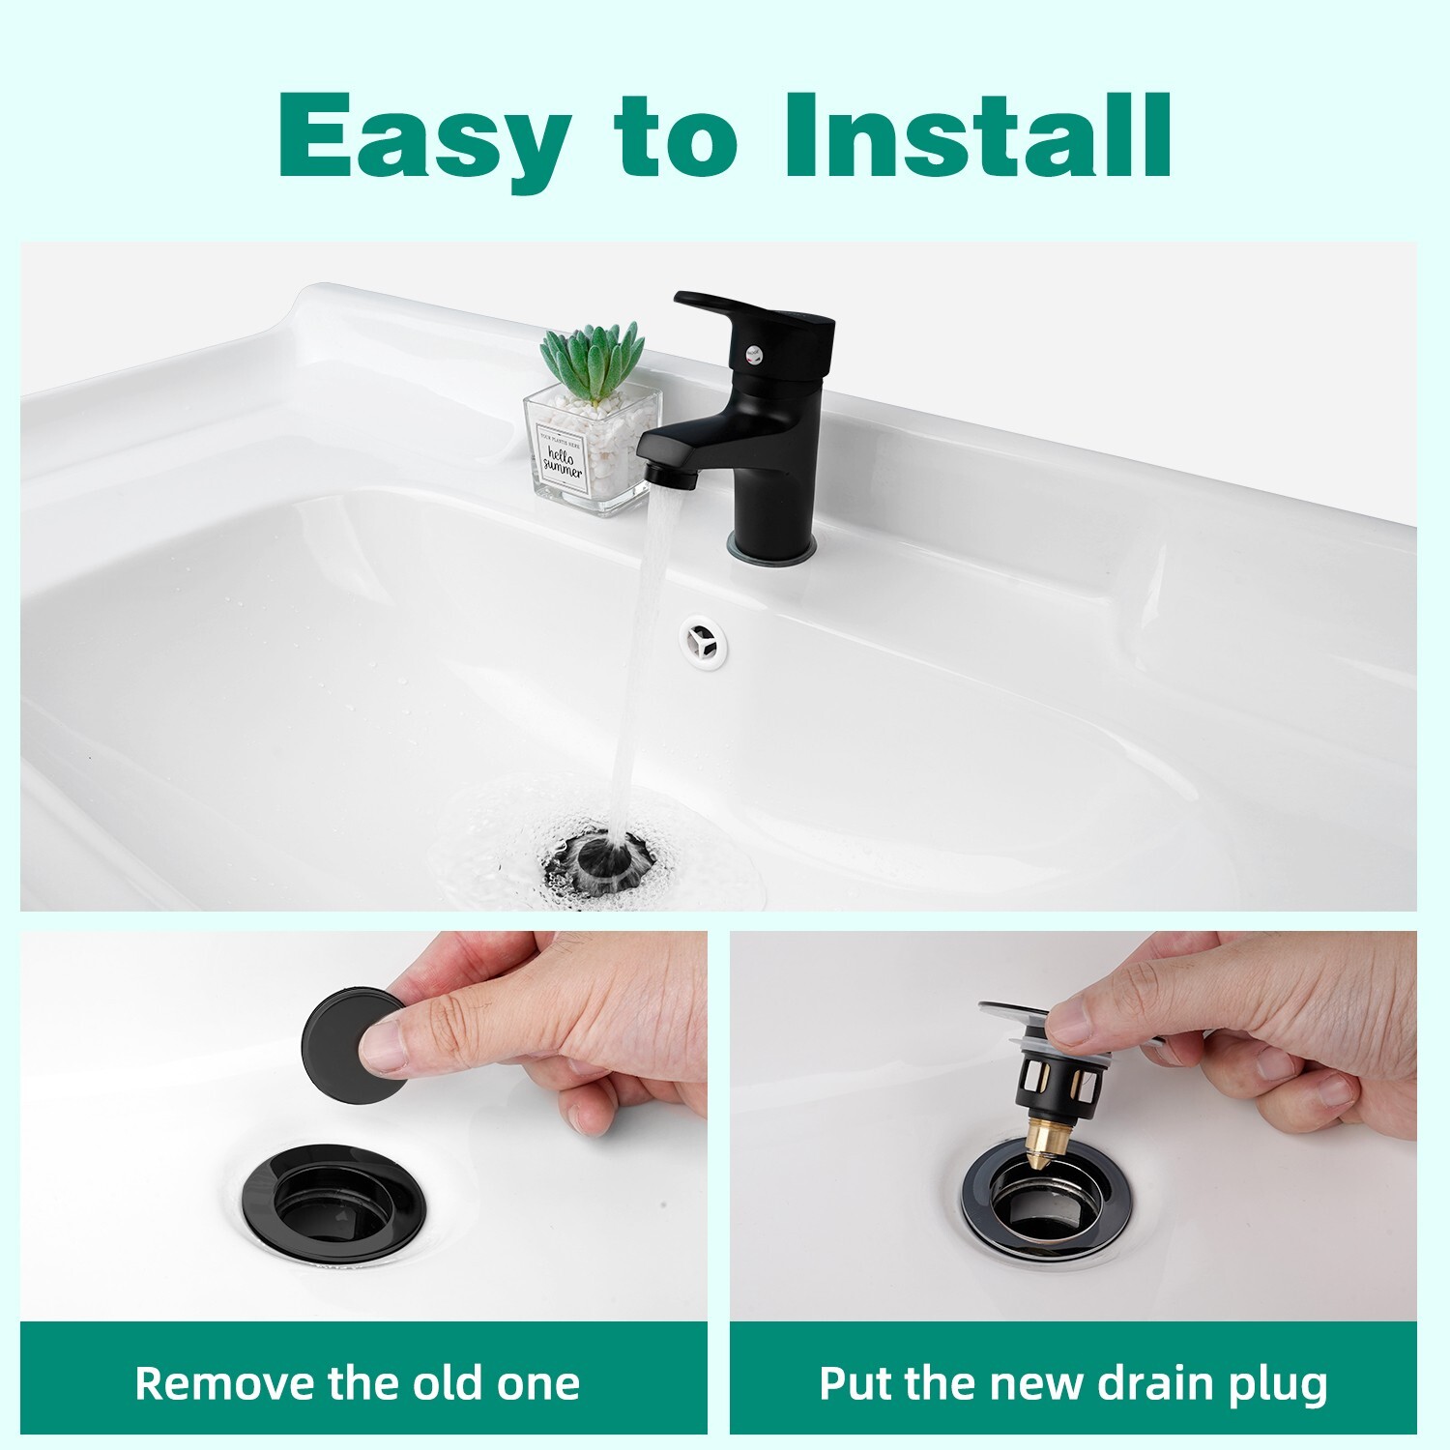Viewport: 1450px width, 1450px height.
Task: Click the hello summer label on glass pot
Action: point(562,462)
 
